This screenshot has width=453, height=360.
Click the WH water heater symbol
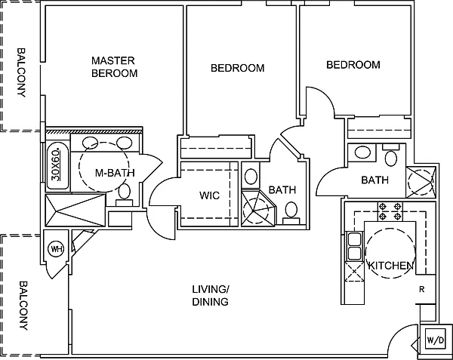(57, 249)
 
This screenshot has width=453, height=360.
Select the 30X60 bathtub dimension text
(56, 165)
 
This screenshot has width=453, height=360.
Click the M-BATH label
(115, 173)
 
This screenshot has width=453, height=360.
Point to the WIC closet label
(209, 195)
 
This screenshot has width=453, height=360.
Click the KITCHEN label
(391, 266)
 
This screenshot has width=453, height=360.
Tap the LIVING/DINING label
(211, 295)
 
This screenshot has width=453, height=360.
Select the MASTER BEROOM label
(115, 67)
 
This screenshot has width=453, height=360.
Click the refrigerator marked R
(426, 289)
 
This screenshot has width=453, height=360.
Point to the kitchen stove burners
(390, 211)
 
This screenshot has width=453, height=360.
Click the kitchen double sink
(355, 246)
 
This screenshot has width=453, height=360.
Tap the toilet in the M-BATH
(125, 195)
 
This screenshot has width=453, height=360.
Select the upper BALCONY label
(21, 72)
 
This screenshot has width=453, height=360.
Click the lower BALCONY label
(23, 306)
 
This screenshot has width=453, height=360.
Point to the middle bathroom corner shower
(258, 208)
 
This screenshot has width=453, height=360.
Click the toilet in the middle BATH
(291, 213)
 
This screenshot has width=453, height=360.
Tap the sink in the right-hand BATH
(362, 152)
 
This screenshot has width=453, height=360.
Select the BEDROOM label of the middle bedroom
(238, 68)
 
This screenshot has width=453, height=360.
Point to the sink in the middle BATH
(251, 177)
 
